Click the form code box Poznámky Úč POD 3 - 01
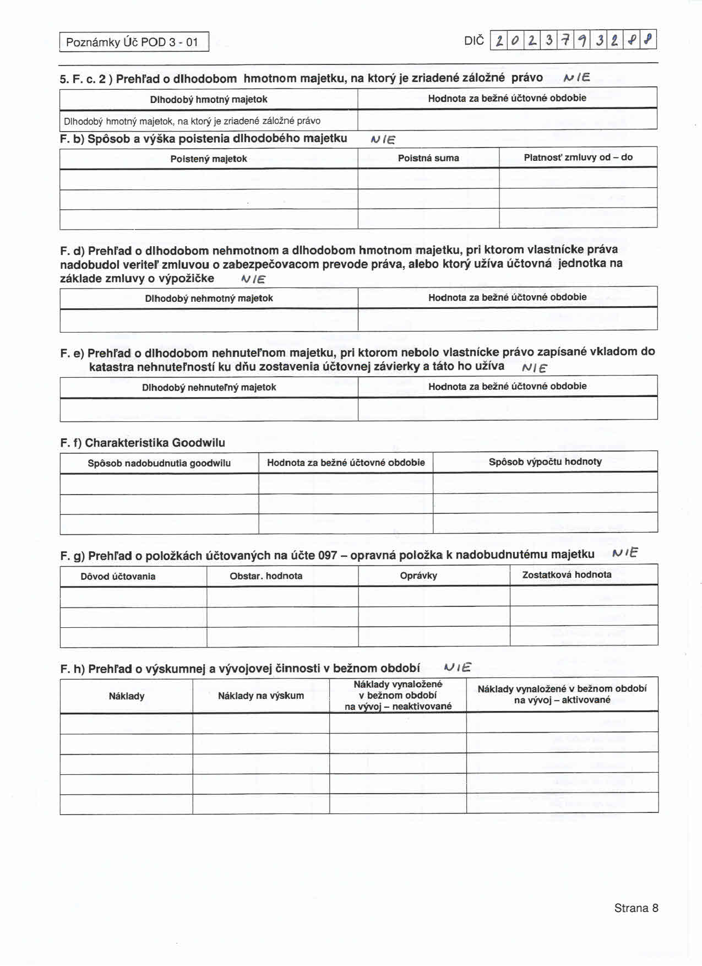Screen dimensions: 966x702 (134, 42)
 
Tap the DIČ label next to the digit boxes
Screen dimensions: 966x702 (474, 40)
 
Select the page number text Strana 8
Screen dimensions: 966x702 (636, 908)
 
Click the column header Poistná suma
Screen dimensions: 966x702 (428, 158)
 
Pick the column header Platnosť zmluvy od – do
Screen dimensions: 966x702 (578, 158)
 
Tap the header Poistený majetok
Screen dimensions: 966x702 (209, 159)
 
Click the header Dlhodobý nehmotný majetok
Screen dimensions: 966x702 (209, 298)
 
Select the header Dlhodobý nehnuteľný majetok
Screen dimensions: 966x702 (209, 387)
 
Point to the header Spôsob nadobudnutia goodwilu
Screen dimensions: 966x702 (159, 463)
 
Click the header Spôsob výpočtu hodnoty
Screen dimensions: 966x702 (545, 462)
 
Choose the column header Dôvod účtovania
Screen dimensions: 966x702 (118, 576)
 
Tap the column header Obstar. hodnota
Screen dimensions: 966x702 (266, 576)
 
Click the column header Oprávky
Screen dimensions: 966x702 (418, 576)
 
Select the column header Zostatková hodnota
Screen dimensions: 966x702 (567, 574)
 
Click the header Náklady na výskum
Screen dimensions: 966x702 (261, 696)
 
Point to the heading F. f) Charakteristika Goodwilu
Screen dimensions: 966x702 (143, 443)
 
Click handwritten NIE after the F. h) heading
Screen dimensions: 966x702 (458, 668)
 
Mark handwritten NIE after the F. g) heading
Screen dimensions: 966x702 (625, 553)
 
